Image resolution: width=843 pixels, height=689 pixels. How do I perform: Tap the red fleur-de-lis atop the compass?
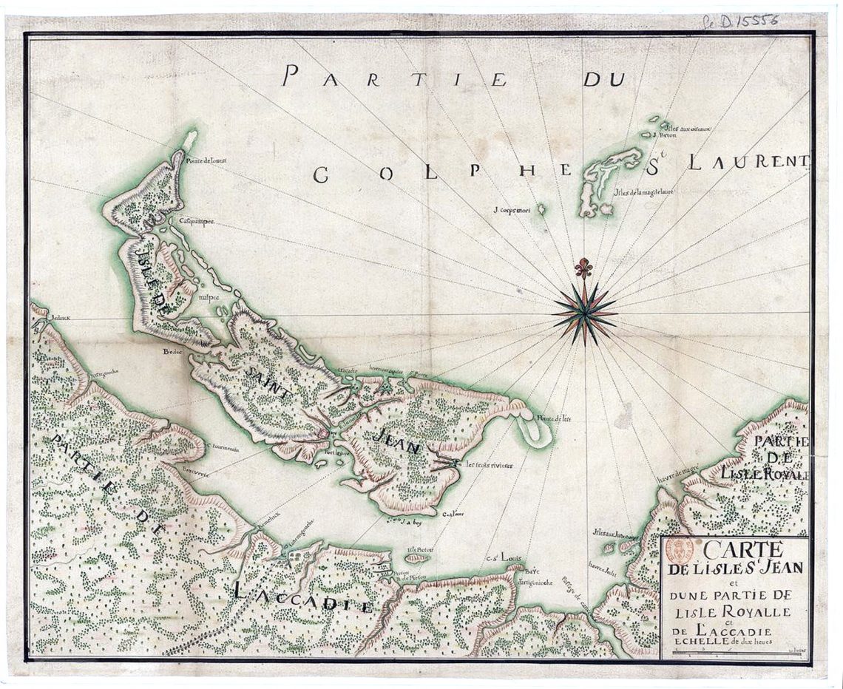tap(584, 268)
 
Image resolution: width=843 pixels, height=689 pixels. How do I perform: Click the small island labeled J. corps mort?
tap(542, 209)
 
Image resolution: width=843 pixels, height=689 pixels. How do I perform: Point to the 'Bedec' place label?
tap(172, 352)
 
